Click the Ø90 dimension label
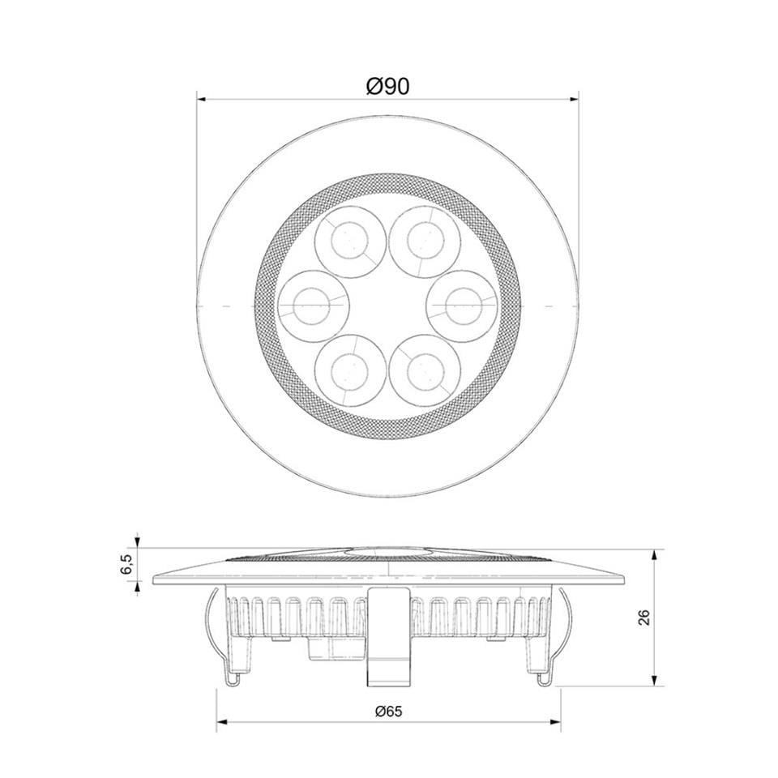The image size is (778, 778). click(387, 86)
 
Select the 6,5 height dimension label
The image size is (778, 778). click(126, 564)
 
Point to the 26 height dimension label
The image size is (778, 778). click(644, 618)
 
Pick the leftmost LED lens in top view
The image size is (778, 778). click(313, 305)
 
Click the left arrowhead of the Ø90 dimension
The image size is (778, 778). click(202, 100)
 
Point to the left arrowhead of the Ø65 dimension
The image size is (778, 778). click(221, 721)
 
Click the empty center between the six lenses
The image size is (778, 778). click(387, 305)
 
